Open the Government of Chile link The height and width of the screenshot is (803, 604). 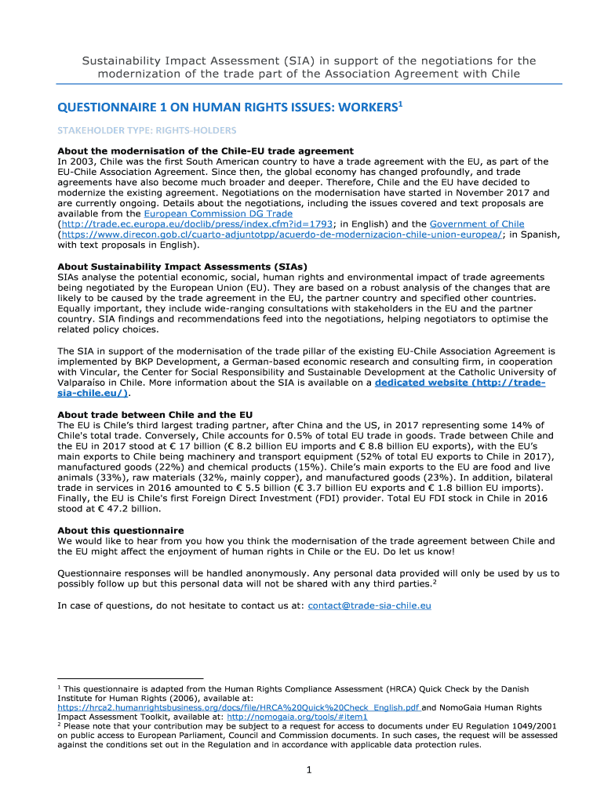click(477, 223)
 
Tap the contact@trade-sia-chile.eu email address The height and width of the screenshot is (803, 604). click(369, 605)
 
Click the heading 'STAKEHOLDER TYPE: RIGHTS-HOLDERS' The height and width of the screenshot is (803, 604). click(147, 130)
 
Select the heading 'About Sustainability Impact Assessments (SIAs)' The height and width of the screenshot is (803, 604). click(182, 266)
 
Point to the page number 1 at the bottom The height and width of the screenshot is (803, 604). click(310, 771)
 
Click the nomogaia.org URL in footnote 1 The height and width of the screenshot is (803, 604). click(297, 717)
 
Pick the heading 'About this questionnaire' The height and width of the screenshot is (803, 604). click(121, 530)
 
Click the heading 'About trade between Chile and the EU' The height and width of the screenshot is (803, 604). click(155, 414)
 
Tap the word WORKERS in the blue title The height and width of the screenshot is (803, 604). click(355, 107)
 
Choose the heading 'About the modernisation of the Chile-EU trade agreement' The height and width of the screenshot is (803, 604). click(206, 151)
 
